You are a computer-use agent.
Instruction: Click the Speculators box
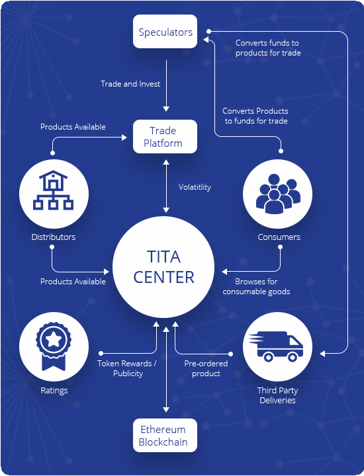click(165, 31)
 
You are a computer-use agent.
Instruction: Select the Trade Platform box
click(165, 137)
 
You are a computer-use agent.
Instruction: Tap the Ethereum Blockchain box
click(165, 435)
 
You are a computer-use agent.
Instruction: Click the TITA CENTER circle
click(163, 267)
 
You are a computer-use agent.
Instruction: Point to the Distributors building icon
click(53, 190)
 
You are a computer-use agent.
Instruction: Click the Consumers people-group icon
click(278, 194)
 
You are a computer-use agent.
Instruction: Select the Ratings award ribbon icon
click(54, 346)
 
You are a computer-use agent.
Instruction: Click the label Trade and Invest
click(130, 84)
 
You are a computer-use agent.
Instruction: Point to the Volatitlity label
click(195, 187)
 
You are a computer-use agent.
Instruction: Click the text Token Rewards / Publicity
click(127, 368)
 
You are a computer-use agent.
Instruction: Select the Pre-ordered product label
click(206, 368)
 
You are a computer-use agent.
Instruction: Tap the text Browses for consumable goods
click(256, 286)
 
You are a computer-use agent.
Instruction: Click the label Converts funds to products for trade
click(268, 48)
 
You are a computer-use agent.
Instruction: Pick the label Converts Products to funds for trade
click(255, 116)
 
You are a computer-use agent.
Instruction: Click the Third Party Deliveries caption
click(277, 395)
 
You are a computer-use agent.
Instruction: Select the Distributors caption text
click(54, 237)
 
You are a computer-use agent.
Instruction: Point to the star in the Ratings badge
click(54, 339)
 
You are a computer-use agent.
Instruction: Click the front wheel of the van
click(293, 356)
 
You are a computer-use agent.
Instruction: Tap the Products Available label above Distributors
click(73, 127)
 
